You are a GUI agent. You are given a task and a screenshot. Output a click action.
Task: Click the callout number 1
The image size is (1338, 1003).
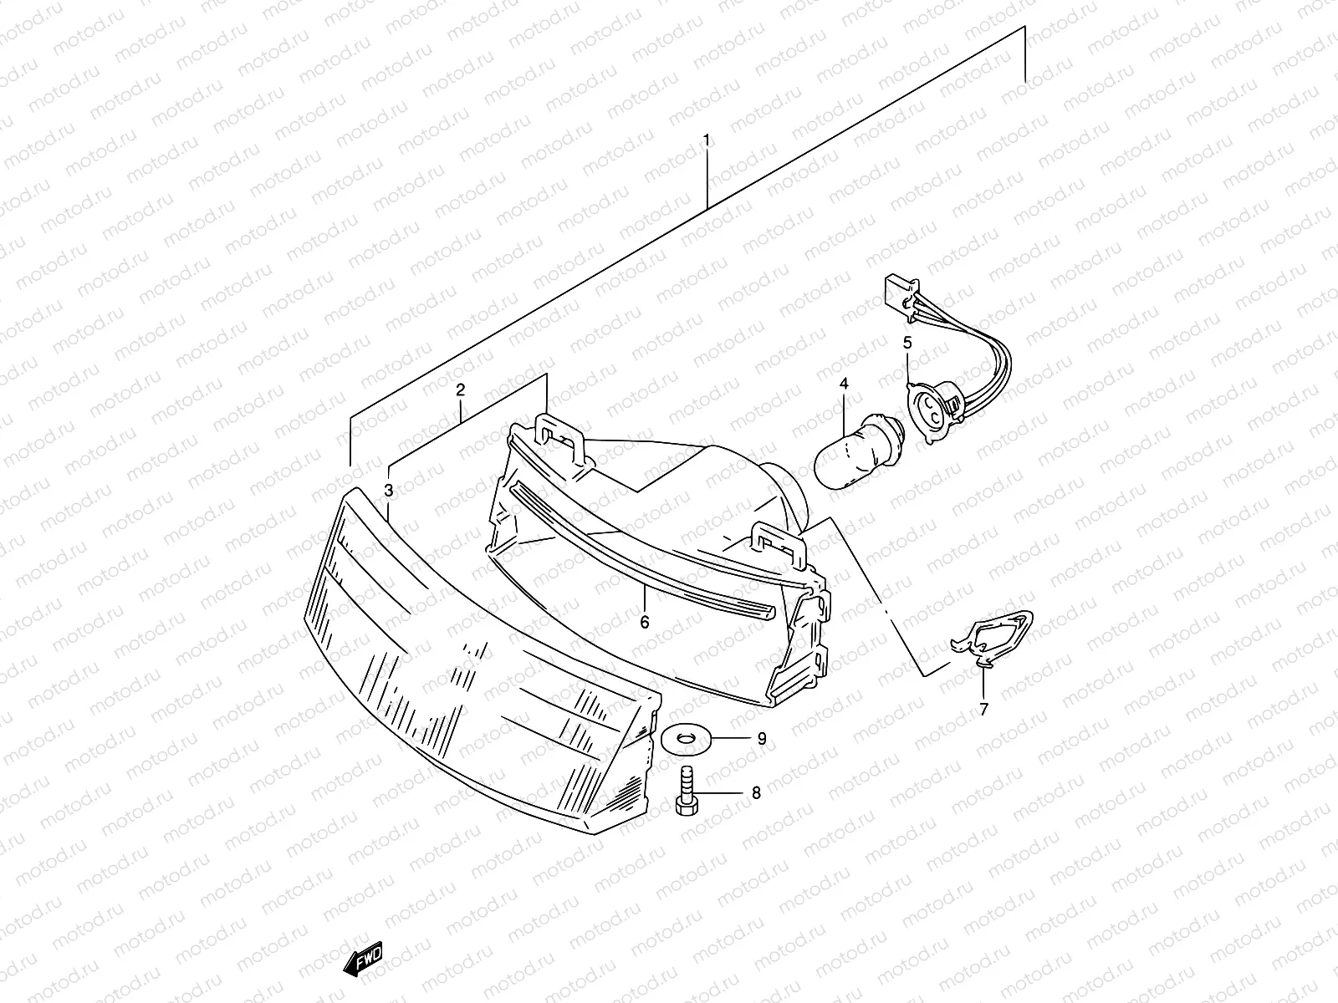[x=707, y=139]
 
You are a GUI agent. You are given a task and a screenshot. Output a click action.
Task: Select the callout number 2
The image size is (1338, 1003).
[x=460, y=389]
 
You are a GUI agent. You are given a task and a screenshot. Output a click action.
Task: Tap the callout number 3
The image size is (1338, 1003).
[x=389, y=490]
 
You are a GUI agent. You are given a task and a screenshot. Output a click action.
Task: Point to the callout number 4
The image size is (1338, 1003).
[x=844, y=384]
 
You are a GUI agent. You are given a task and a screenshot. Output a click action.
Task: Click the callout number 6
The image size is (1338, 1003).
[x=645, y=622]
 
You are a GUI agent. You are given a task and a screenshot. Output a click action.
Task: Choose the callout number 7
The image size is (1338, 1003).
[x=983, y=709]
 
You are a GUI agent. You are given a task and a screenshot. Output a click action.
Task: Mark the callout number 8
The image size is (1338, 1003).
[x=756, y=793]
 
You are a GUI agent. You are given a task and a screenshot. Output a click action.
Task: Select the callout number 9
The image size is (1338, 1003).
[x=761, y=738]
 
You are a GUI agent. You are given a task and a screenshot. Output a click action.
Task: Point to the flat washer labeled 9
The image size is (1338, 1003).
[x=685, y=738]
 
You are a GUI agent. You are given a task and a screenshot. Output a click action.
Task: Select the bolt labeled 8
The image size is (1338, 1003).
[x=685, y=793]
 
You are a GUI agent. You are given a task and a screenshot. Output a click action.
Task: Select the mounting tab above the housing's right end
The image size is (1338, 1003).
[x=778, y=540]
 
